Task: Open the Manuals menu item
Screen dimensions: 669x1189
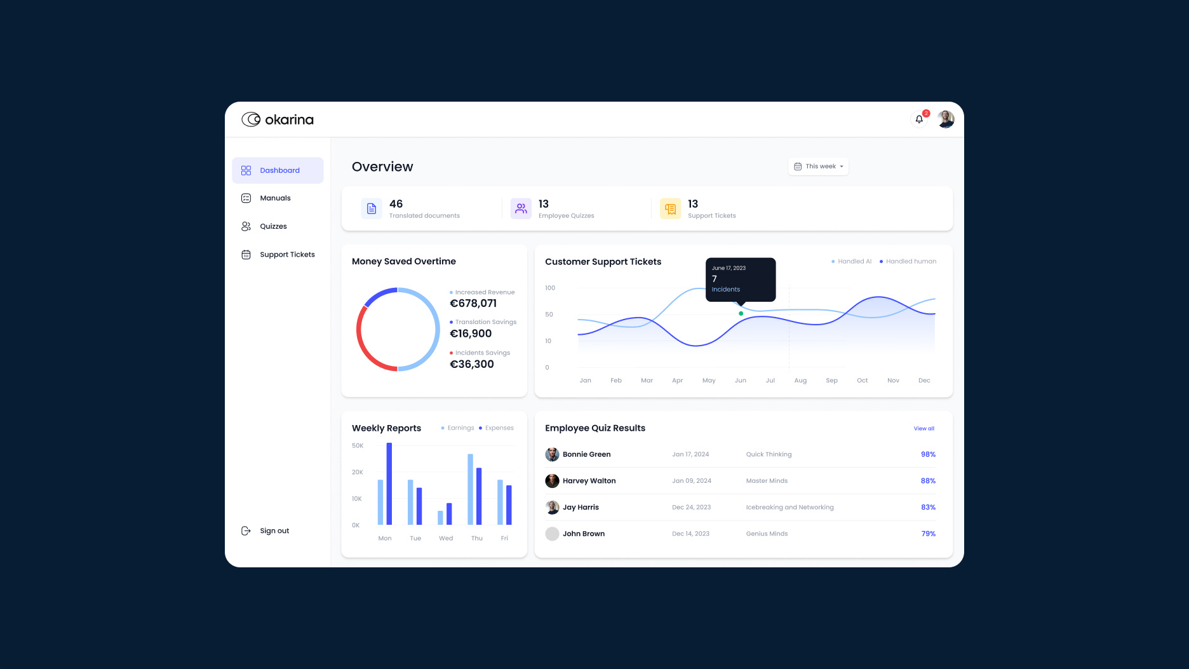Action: click(274, 198)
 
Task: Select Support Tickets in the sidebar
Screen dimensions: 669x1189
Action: click(286, 255)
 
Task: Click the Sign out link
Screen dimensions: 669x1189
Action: click(274, 531)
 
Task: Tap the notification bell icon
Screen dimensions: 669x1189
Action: click(919, 119)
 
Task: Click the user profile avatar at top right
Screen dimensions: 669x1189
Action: click(946, 119)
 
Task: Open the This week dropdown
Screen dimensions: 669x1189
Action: click(819, 166)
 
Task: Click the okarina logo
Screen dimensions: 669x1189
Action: click(278, 119)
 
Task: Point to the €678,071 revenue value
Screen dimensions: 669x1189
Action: click(473, 304)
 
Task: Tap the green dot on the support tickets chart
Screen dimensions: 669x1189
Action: click(741, 314)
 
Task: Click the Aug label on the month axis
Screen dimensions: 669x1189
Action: click(800, 381)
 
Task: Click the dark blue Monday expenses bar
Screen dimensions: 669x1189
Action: click(389, 483)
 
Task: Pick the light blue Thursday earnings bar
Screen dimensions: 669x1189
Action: click(471, 489)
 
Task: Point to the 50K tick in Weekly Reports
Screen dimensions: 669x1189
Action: click(358, 446)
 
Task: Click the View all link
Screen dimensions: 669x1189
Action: click(924, 429)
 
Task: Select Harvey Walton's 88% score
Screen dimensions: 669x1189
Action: click(928, 481)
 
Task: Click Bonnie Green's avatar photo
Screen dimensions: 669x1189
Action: click(552, 454)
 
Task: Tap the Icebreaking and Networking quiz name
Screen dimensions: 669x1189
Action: click(789, 508)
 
